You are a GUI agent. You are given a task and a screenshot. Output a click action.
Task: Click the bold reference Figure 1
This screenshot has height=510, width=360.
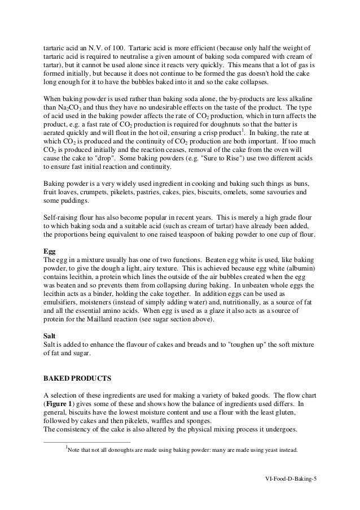pyautogui.click(x=62, y=405)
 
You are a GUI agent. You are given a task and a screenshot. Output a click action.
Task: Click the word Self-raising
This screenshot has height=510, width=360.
pyautogui.click(x=63, y=217)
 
